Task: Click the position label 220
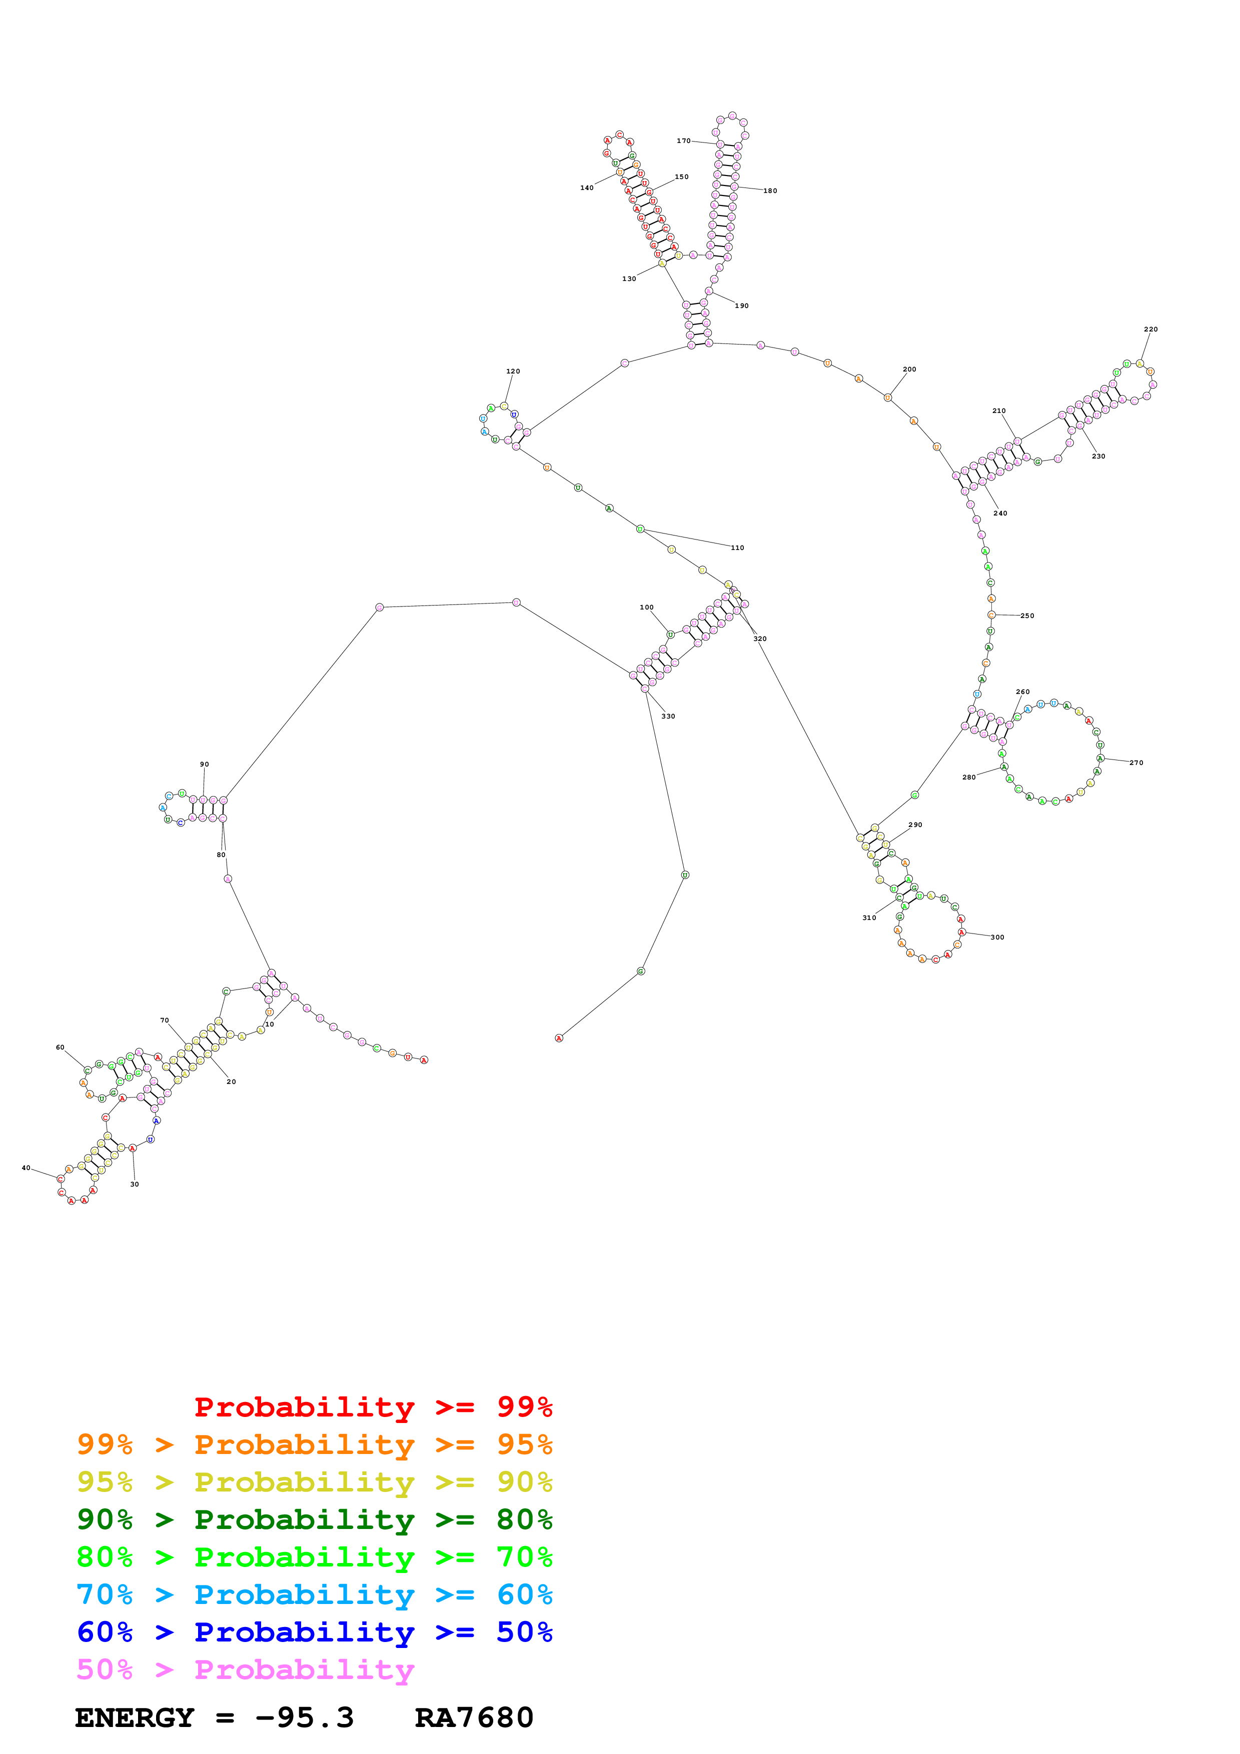coord(1150,329)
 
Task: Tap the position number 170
coord(683,140)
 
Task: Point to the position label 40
coord(26,1168)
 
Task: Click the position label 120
coord(513,371)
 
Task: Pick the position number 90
coord(204,764)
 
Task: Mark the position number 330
coord(668,716)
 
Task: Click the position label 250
coord(1027,615)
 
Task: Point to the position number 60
coord(61,1047)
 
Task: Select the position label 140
coord(586,188)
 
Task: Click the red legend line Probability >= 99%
coord(373,1407)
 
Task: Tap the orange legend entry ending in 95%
coord(315,1444)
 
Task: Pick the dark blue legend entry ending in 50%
coord(315,1632)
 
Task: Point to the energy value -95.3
coord(304,1717)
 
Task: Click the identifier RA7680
coord(474,1717)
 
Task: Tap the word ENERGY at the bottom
coord(135,1717)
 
